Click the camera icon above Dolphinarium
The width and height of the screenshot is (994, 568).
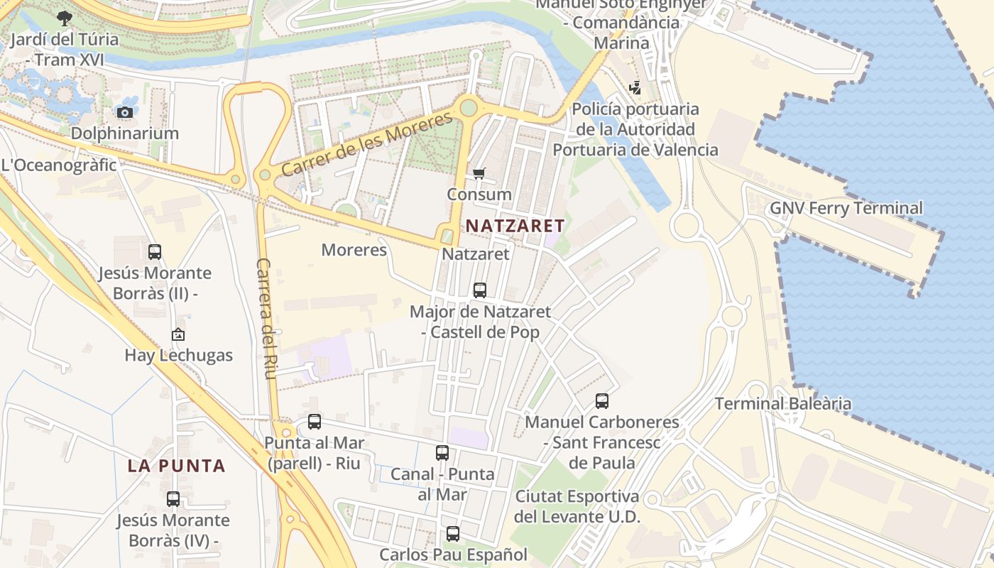[x=124, y=112]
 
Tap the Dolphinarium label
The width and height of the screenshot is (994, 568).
[x=124, y=133]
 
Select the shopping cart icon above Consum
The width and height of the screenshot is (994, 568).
[x=479, y=174]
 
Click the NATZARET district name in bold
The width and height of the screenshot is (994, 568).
[x=515, y=226]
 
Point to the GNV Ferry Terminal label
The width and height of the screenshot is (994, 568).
[x=846, y=208]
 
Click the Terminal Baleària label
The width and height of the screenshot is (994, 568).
[x=782, y=403]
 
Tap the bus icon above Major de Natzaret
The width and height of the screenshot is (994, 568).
[x=480, y=290]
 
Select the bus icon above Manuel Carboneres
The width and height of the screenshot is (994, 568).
[x=602, y=401]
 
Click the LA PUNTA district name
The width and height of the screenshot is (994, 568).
[x=177, y=466]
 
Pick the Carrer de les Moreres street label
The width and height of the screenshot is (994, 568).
[x=366, y=144]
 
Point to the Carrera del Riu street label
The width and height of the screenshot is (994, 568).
[x=264, y=318]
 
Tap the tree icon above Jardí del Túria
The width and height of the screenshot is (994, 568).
[x=65, y=18]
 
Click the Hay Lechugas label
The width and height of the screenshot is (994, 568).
[x=178, y=355]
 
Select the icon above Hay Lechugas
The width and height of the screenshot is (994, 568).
[x=177, y=334]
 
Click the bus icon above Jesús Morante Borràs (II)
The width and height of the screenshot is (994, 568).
[x=154, y=251]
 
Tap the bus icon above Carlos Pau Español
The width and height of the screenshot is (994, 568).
[x=453, y=533]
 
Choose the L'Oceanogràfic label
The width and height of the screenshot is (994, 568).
[x=58, y=165]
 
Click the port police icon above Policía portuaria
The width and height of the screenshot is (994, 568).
[x=635, y=88]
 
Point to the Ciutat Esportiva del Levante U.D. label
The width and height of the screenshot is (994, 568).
[x=577, y=506]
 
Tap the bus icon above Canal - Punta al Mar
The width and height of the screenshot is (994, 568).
[x=442, y=453]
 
